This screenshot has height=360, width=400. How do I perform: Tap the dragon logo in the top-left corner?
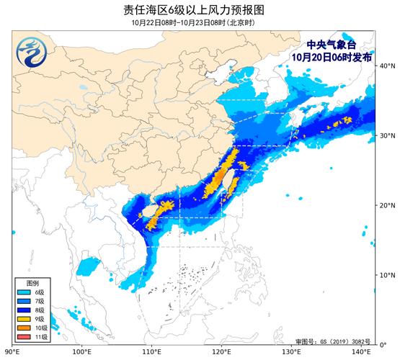click(x=31, y=51)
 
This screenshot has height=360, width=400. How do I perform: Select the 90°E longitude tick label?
click(x=12, y=352)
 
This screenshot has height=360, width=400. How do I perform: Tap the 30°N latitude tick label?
click(x=386, y=135)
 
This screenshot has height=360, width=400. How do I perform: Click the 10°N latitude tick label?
click(x=386, y=275)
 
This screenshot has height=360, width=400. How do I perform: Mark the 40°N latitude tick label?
click(x=386, y=66)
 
